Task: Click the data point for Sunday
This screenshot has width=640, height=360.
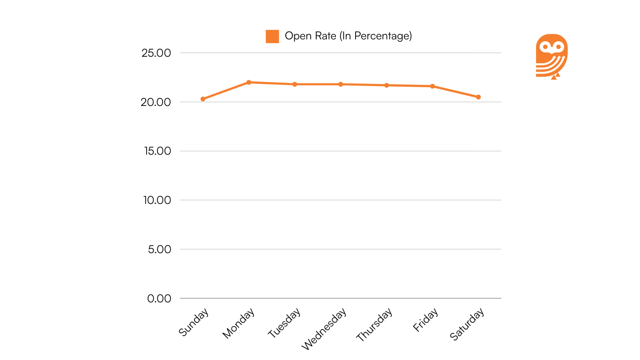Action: click(203, 99)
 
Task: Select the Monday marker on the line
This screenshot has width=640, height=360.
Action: click(249, 82)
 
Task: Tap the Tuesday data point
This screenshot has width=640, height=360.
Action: click(295, 84)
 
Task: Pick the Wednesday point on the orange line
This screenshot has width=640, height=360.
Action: click(341, 84)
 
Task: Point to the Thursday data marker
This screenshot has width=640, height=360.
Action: click(387, 85)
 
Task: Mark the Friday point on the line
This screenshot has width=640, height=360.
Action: click(432, 86)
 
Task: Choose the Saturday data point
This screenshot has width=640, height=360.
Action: click(478, 97)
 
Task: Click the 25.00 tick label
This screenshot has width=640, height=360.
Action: click(156, 53)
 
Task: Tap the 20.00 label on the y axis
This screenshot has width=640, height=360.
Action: click(156, 102)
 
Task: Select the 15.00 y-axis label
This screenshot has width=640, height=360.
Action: click(157, 151)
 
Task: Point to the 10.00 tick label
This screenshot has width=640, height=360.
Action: click(157, 200)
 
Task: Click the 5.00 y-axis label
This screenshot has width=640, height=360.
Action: click(159, 249)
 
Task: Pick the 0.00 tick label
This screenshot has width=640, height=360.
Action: click(159, 299)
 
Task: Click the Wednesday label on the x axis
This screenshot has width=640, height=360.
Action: click(324, 329)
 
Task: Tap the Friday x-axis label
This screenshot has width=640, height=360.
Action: click(425, 320)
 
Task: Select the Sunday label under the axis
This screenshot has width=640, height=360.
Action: click(193, 322)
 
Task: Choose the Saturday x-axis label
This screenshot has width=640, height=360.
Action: click(467, 324)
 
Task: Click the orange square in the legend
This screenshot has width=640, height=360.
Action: click(272, 36)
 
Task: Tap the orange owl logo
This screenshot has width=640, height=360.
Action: click(551, 56)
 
